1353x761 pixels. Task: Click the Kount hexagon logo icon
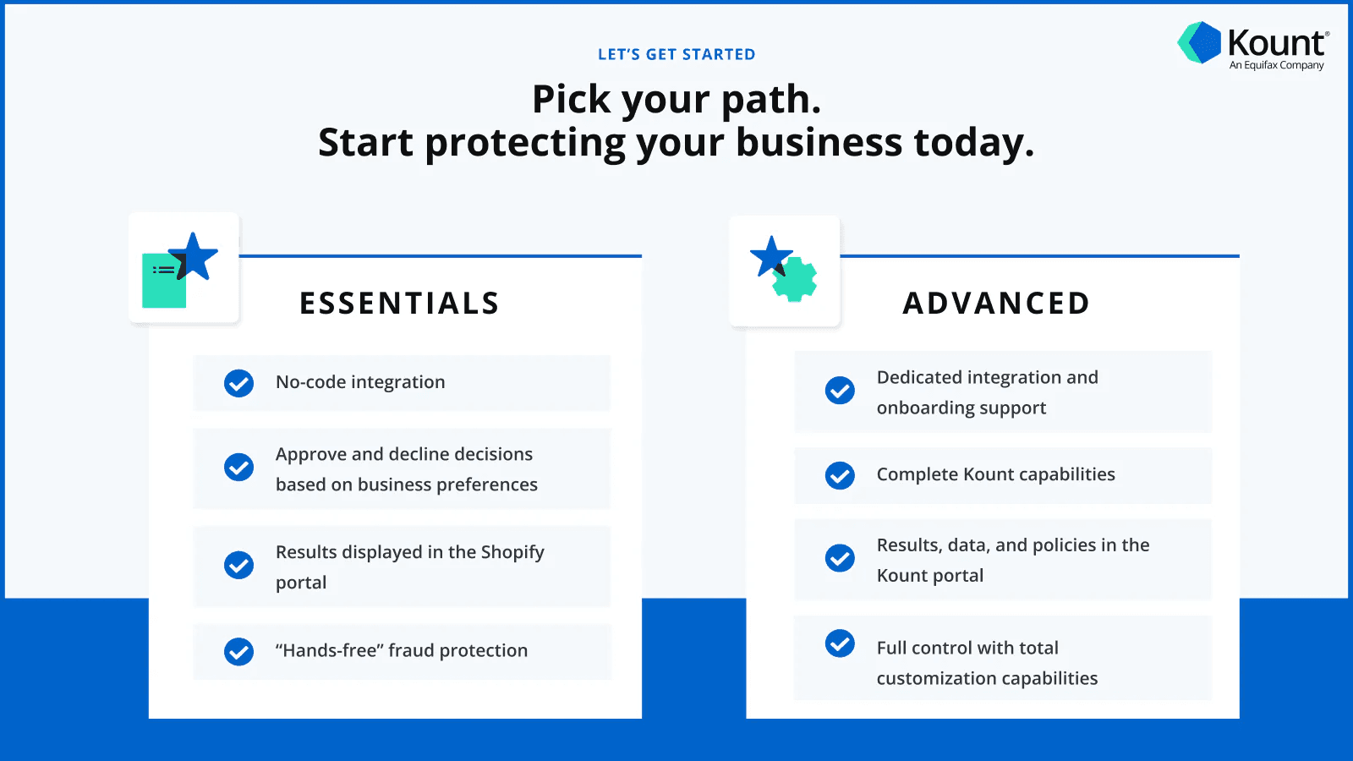pos(1199,42)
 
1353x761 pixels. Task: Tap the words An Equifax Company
pos(1276,65)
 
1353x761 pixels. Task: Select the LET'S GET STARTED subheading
pos(676,54)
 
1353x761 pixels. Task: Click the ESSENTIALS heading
pos(399,304)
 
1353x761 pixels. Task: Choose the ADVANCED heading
pos(996,304)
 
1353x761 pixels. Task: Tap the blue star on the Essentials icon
pos(194,255)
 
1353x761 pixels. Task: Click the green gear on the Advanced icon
pos(796,280)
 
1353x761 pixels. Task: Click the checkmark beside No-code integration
pos(238,383)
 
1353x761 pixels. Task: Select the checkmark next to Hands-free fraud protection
pos(238,651)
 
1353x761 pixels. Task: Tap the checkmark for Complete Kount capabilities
pos(840,475)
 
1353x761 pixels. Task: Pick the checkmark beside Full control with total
pos(840,643)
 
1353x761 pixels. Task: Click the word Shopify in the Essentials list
pos(512,552)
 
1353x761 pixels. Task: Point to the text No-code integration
pos(360,382)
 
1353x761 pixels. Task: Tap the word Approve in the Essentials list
pos(310,455)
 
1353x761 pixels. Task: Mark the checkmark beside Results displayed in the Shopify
pos(238,565)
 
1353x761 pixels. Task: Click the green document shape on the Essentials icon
pos(162,287)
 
